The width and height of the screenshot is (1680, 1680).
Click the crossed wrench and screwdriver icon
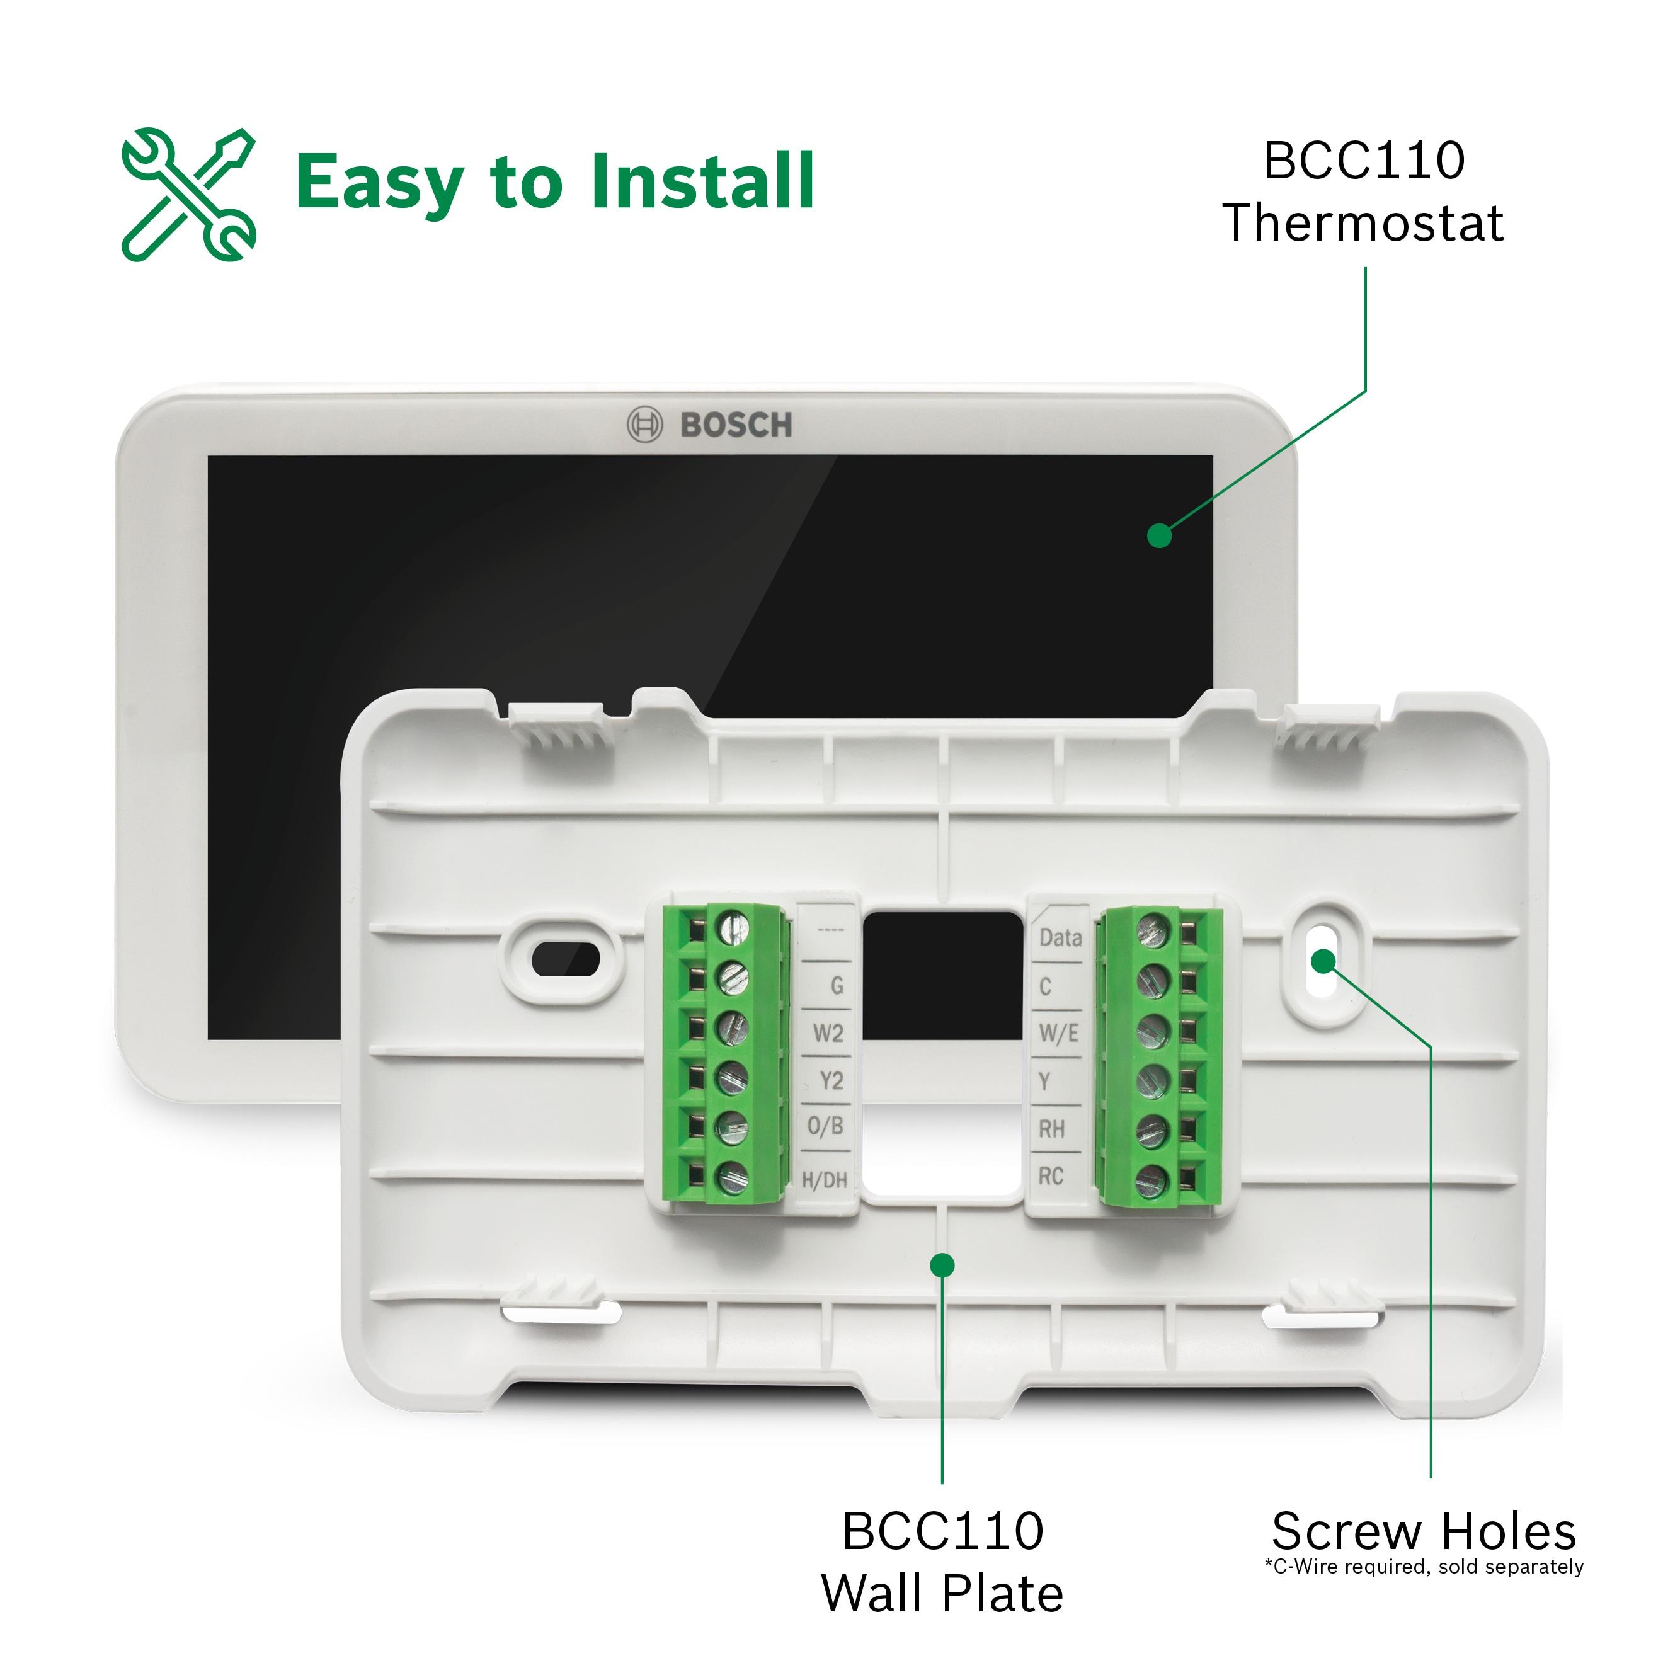(x=189, y=194)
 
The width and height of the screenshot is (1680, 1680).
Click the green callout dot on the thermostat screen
(x=1159, y=535)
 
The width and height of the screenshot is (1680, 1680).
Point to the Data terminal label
(x=1060, y=937)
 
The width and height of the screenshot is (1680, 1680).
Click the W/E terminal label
(x=1058, y=1033)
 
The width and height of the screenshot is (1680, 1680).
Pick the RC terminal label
(x=1051, y=1177)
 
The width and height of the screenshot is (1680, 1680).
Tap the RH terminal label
(x=1051, y=1129)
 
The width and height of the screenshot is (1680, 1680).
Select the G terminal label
(x=837, y=985)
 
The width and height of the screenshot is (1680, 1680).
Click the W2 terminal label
(x=828, y=1033)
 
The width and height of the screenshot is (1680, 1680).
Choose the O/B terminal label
(x=825, y=1126)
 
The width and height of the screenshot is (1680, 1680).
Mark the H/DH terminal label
(x=823, y=1180)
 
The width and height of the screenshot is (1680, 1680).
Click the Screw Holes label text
(x=1424, y=1531)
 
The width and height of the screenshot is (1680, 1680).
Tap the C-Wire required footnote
(x=1424, y=1567)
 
